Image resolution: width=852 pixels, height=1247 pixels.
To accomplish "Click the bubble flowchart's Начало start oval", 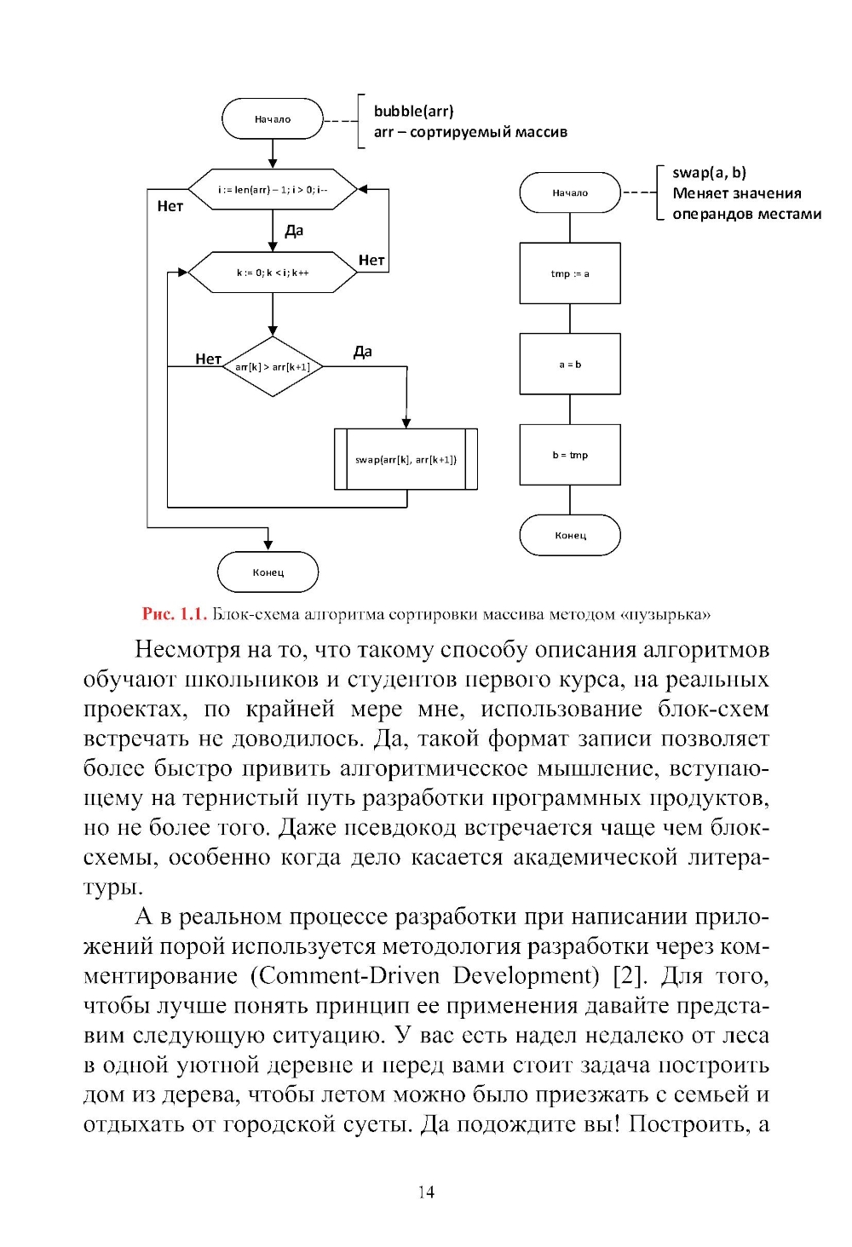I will (x=273, y=119).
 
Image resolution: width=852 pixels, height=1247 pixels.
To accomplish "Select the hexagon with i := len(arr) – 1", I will (x=272, y=189).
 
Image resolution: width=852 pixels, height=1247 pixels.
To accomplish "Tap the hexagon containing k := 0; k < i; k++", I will (x=272, y=273).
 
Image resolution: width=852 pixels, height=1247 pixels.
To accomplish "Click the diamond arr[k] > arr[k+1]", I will (x=272, y=367).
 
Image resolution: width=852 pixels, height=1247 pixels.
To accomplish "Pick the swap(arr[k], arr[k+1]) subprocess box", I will (x=406, y=459).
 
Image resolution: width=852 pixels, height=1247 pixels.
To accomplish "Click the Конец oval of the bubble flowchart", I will (x=268, y=572).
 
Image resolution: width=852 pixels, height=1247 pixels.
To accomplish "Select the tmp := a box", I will (x=570, y=273).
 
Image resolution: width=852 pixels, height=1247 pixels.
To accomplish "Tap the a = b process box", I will (x=570, y=365).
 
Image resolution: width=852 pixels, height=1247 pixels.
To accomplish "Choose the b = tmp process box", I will (x=570, y=455).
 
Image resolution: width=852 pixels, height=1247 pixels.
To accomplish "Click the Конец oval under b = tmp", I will (x=570, y=536).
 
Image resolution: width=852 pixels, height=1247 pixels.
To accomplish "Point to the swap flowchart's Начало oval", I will (x=570, y=193).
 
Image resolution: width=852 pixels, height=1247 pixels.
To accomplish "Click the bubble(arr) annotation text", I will (x=413, y=111).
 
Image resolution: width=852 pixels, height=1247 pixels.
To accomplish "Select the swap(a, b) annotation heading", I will (x=709, y=173).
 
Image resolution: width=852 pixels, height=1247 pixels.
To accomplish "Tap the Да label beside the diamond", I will (x=363, y=352).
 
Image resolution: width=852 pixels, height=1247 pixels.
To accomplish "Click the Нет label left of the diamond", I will (x=208, y=359).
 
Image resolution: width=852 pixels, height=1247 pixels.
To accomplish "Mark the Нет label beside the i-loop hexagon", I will (x=170, y=206).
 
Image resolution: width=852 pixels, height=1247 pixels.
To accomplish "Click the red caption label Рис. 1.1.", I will (x=175, y=614).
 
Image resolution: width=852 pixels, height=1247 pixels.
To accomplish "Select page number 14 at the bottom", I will (x=426, y=1192).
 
